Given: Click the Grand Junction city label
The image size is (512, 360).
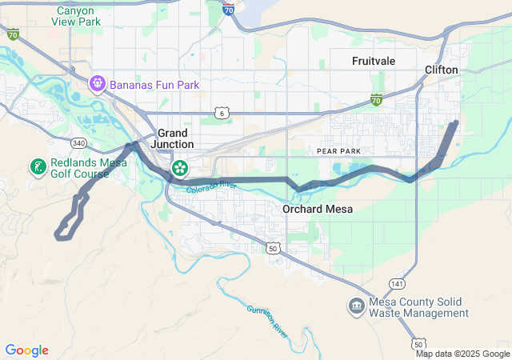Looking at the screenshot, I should coord(172,138).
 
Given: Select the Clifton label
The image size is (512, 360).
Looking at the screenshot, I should coord(442,70).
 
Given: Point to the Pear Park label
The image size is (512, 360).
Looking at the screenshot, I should coord(338,150).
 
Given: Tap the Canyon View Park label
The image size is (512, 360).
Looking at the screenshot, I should coord(79,17).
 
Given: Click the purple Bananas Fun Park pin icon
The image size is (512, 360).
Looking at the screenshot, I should coord(98,82).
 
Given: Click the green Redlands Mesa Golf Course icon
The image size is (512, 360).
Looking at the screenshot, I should coord(37,166).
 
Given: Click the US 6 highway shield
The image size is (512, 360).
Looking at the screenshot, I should coord(222,114).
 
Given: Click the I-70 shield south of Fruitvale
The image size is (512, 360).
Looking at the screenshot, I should coord(376,99).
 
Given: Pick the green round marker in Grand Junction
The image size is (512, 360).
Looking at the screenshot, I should coord(180,167).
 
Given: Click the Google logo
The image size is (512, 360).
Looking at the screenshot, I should coord(26,350).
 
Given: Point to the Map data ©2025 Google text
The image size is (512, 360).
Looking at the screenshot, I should coord(462,354).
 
